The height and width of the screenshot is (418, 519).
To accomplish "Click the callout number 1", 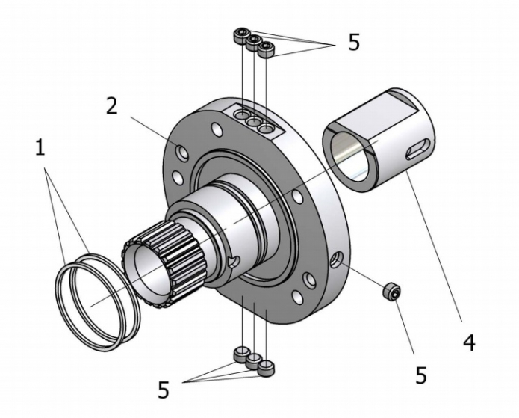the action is click(40, 147).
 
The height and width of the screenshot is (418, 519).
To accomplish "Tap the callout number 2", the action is click(111, 105).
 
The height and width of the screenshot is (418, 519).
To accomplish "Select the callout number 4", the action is click(469, 342).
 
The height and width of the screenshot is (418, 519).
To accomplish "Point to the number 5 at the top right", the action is click(354, 42).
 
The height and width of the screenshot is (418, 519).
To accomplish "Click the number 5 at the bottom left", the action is click(164, 390).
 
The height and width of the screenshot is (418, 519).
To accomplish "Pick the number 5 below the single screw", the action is click(420, 375).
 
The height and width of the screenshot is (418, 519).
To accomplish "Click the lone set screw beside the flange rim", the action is click(391, 292).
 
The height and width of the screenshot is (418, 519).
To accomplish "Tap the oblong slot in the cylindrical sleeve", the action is click(418, 149).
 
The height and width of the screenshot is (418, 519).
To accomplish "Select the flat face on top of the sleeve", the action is click(376, 110).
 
